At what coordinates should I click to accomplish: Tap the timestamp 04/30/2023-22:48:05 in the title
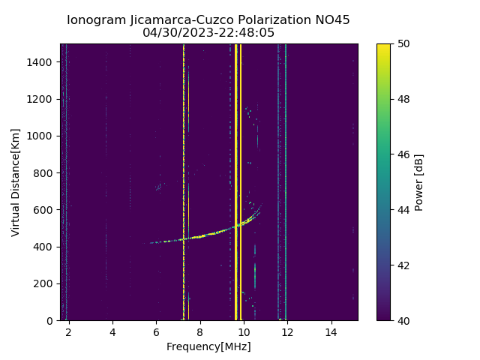point(208,33)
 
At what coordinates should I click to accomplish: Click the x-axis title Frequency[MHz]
point(208,346)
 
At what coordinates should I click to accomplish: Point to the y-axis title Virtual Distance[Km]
point(16,182)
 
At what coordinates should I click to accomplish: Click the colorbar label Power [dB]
point(419,182)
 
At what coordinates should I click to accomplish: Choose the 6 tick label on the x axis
point(156,331)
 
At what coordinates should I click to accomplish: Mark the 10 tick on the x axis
point(243,331)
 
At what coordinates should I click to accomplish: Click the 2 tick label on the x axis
point(68,331)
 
